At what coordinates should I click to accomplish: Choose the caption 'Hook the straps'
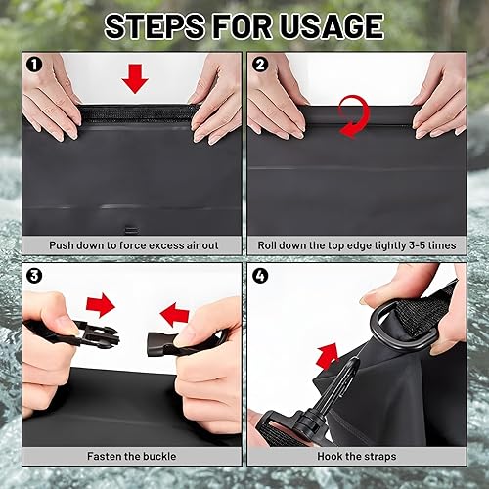click(x=356, y=456)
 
